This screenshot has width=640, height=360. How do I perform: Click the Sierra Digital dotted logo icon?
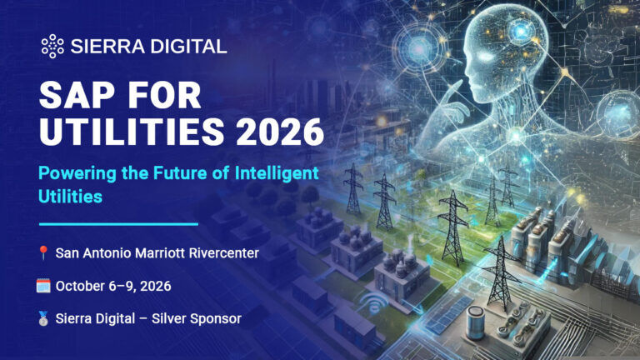tap(52, 46)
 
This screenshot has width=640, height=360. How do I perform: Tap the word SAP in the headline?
tap(77, 96)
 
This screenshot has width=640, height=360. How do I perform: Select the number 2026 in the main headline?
tap(280, 132)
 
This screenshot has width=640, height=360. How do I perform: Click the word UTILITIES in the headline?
tap(132, 132)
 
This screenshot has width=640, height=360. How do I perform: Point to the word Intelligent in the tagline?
tap(277, 173)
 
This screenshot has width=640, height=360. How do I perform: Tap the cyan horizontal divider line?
tap(118, 224)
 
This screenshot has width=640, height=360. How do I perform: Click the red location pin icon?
tap(43, 252)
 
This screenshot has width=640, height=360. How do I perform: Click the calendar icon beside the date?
tap(43, 286)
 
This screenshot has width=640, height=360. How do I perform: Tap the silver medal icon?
tap(43, 318)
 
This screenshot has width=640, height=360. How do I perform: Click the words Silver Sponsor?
tap(197, 319)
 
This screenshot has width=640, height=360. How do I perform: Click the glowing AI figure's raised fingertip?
tap(460, 82)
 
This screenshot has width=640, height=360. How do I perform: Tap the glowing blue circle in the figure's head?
tap(520, 31)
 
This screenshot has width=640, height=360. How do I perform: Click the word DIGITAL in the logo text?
tap(188, 47)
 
